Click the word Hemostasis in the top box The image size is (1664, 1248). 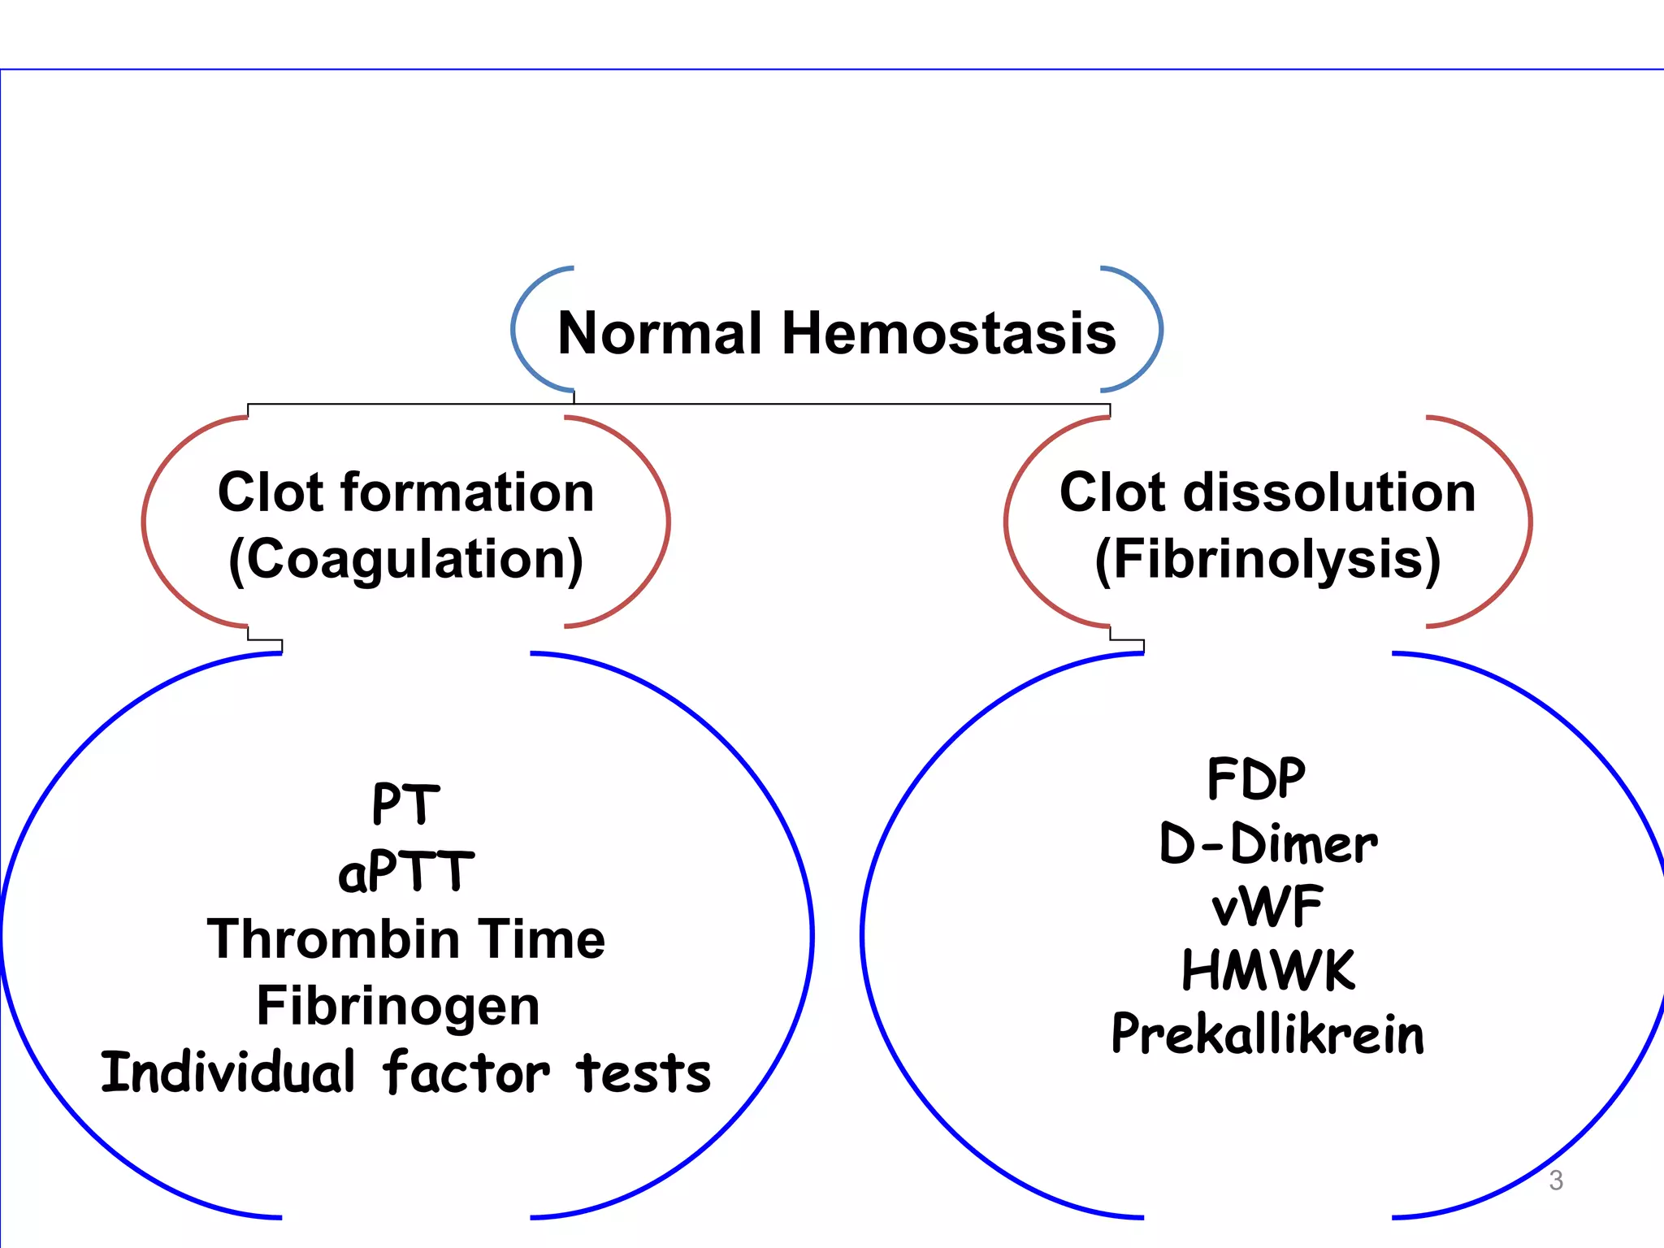948,333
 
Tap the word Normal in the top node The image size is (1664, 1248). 660,333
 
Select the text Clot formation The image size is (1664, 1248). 405,492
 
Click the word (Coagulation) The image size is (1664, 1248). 405,560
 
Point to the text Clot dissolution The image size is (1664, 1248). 1267,492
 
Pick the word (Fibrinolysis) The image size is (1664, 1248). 1267,560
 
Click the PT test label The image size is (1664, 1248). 405,804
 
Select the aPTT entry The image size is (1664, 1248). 405,872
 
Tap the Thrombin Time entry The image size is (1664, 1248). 405,939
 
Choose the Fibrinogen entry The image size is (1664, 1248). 398,1006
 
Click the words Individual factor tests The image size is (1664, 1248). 405,1072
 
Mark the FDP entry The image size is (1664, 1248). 1256,778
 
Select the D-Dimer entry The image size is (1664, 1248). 1267,843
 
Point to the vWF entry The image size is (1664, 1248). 1267,907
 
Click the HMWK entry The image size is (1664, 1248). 1267,970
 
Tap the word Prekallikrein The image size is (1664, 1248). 1267,1034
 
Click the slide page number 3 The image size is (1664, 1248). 1555,1180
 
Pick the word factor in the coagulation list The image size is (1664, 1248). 466,1072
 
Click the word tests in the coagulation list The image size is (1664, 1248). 643,1072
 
